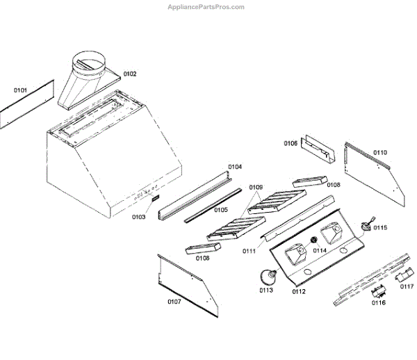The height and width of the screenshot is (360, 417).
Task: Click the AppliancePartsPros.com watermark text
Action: [206, 7]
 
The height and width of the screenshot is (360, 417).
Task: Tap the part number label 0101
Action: [20, 90]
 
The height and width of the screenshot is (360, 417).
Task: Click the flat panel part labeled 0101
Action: [26, 106]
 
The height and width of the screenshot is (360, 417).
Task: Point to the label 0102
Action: [130, 74]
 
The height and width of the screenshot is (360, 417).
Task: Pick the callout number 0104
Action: [235, 167]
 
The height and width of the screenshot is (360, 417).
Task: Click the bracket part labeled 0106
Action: [317, 149]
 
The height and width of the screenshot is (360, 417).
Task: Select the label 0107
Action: [174, 302]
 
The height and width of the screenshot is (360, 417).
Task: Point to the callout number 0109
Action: [256, 188]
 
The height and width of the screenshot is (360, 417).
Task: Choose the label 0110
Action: [380, 152]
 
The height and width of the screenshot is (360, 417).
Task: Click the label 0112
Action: [298, 291]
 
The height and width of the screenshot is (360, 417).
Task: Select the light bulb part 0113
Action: [267, 277]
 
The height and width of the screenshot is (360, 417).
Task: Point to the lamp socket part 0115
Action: [366, 225]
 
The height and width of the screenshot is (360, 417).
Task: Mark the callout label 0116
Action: [378, 303]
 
